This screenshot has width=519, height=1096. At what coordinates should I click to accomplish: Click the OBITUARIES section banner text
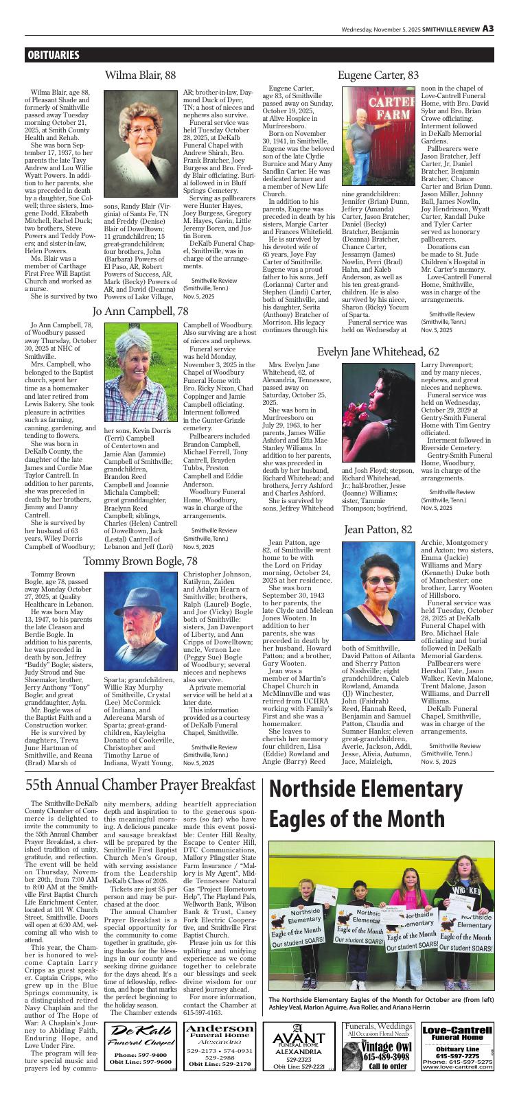pos(54,56)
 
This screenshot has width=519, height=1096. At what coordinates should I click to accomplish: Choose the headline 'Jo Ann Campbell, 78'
pos(140,311)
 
